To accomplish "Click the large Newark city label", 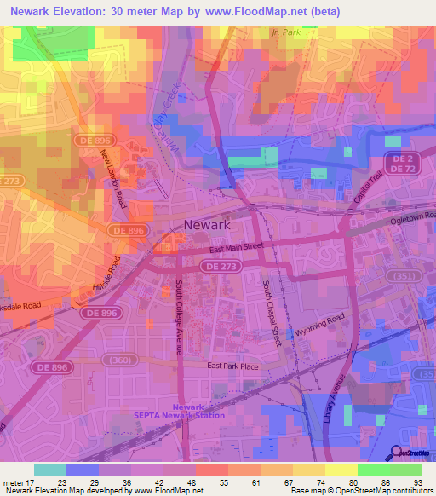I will (x=208, y=226).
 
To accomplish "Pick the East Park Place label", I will (x=233, y=366).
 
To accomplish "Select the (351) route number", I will (x=401, y=276).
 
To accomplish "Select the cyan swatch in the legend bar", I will (x=50, y=470).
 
